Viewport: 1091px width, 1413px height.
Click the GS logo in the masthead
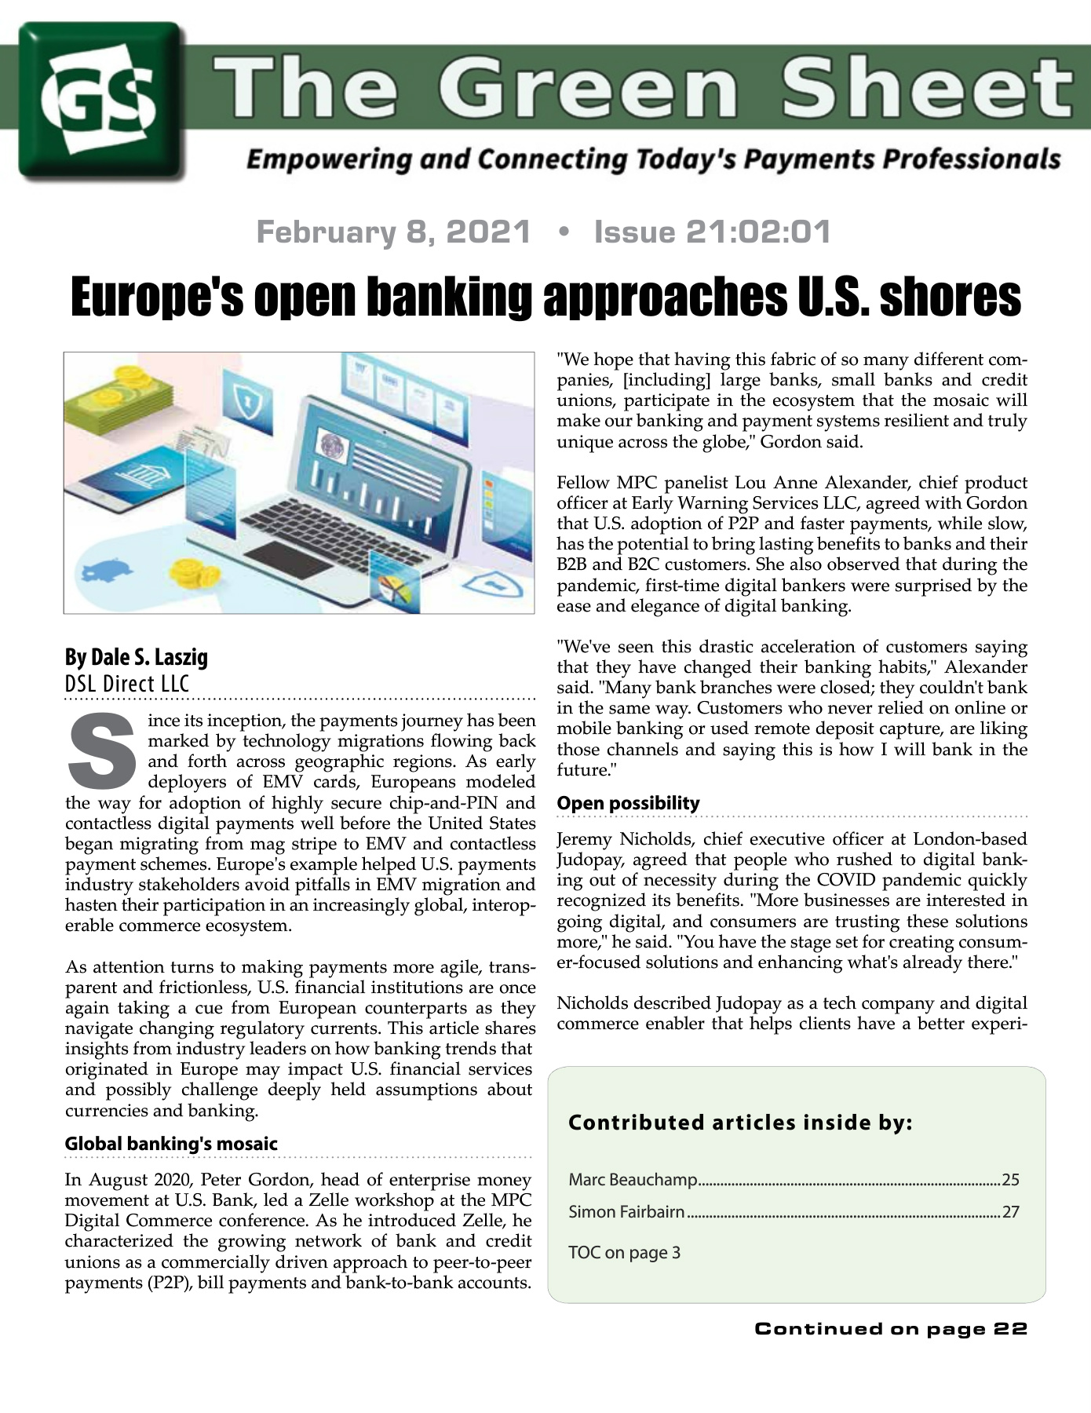tap(102, 100)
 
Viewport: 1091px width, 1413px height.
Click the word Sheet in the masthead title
tap(926, 88)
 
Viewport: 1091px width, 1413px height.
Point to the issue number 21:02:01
tap(758, 232)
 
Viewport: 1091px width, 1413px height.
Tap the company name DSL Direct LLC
tap(127, 684)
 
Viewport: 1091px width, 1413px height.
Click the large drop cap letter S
tap(102, 750)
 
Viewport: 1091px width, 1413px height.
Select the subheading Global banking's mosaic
tap(171, 1144)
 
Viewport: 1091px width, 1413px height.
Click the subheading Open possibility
tap(628, 803)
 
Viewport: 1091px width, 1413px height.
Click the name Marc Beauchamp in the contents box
tap(633, 1179)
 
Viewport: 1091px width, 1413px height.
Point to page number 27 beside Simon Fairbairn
tap(1011, 1212)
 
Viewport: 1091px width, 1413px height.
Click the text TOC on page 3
tap(624, 1252)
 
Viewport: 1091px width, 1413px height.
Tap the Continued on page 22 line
tap(891, 1328)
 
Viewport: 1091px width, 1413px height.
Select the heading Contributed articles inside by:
tap(740, 1123)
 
